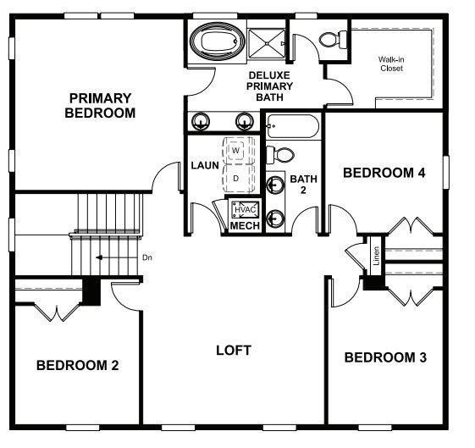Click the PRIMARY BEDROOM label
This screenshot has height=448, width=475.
click(x=100, y=105)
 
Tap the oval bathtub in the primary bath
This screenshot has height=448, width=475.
click(x=215, y=41)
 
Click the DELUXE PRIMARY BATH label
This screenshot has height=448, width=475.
click(x=270, y=86)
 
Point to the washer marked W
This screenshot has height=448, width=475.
click(x=237, y=150)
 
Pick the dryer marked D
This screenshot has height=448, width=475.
click(x=237, y=179)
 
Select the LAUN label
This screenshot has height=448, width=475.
click(x=204, y=165)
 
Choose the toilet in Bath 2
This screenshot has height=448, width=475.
click(x=281, y=155)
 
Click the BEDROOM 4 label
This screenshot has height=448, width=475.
click(x=383, y=173)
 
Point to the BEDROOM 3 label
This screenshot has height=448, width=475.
click(x=384, y=357)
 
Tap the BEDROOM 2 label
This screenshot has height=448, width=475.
click(x=77, y=365)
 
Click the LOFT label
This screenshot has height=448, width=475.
click(x=234, y=350)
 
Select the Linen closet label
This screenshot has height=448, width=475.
click(x=376, y=256)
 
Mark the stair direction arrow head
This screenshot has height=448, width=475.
click(x=99, y=257)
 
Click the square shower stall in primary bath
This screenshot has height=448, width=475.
click(x=268, y=42)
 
